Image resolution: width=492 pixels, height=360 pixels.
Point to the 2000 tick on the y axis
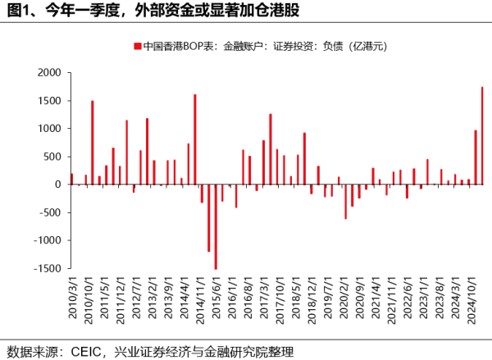(x=49, y=73)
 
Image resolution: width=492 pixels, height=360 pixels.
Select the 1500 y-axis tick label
(x=49, y=101)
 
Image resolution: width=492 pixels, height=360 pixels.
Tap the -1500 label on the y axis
(x=48, y=268)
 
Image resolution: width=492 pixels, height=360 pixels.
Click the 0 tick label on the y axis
(x=58, y=185)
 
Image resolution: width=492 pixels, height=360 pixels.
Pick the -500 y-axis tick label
(x=50, y=212)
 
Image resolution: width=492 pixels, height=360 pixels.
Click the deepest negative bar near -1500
(x=216, y=226)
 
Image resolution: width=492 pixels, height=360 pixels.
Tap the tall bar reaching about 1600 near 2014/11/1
(x=194, y=139)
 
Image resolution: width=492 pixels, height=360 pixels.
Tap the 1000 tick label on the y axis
(x=49, y=129)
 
